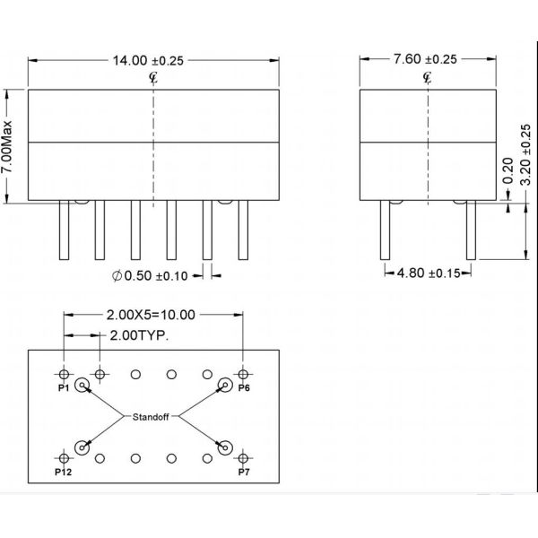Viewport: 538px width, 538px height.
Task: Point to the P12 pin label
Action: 63,472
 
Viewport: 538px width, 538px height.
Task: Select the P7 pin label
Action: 243,472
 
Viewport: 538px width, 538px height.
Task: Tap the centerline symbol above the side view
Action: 426,77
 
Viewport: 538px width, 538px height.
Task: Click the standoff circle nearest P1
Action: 82,386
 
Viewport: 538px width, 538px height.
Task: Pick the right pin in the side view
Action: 470,230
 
